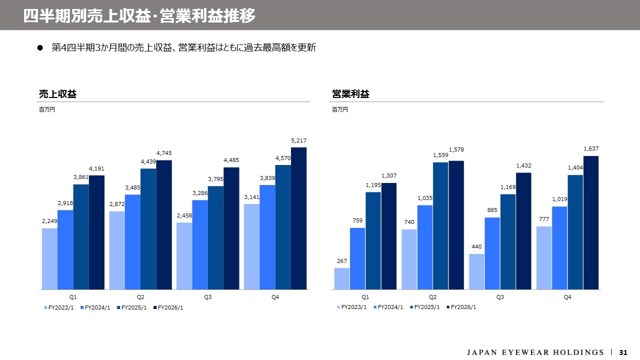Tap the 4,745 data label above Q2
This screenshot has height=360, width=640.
(x=163, y=153)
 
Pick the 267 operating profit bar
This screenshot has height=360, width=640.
(x=342, y=278)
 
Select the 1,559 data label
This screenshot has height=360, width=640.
(x=440, y=155)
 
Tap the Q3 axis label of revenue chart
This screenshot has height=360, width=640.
(x=208, y=297)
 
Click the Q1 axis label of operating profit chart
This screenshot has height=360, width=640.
(x=365, y=297)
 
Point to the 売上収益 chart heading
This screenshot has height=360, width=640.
(x=57, y=94)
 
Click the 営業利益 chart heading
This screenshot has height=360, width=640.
(x=350, y=94)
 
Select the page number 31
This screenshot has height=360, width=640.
(x=623, y=352)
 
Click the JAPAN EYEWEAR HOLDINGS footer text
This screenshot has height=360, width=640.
(x=535, y=352)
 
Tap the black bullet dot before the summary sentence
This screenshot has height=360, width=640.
(x=40, y=48)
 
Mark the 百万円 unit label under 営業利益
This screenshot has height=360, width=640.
(x=339, y=110)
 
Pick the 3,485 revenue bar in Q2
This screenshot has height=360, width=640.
(x=132, y=242)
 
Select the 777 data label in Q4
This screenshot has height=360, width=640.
(x=543, y=219)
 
